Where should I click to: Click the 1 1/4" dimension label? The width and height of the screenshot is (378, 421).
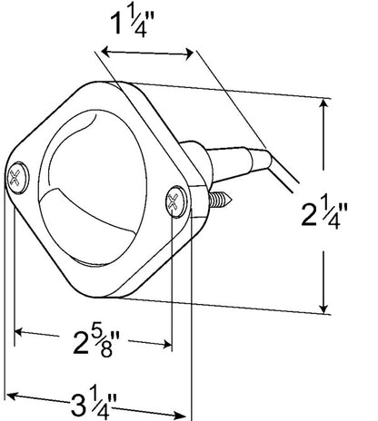tap(133, 23)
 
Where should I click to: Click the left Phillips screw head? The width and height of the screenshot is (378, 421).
tap(18, 178)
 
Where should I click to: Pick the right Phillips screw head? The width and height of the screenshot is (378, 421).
tap(176, 201)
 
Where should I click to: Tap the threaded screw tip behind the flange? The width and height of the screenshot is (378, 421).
tap(220, 199)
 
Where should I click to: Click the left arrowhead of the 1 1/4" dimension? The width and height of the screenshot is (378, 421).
tap(105, 52)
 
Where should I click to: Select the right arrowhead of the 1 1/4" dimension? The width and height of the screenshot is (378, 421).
tap(189, 54)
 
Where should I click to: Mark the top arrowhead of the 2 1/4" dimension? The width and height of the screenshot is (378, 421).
tap(324, 103)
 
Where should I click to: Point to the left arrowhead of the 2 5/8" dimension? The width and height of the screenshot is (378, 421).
tap(19, 332)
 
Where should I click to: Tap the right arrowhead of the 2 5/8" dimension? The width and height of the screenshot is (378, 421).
tap(167, 344)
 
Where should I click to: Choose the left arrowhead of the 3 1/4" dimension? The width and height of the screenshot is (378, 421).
tap(12, 396)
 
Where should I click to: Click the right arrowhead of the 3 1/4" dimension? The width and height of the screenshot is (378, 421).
tap(181, 415)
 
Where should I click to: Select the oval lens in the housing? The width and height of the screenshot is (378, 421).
tap(94, 188)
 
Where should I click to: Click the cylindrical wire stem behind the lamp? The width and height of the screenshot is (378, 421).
tap(230, 163)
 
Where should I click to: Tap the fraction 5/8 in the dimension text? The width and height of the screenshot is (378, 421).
tap(107, 342)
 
